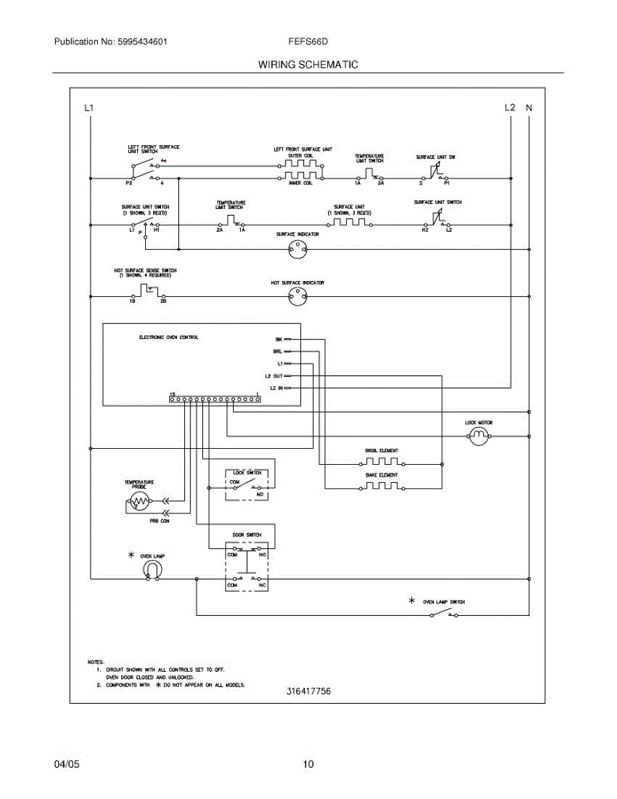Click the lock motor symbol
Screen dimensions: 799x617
click(x=479, y=437)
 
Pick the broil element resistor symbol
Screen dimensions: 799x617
click(x=381, y=463)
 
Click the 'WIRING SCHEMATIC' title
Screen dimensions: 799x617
click(x=308, y=65)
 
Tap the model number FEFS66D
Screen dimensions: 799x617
click(x=308, y=41)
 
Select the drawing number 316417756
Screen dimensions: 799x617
click(x=309, y=691)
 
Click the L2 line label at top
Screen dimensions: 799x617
click(x=511, y=107)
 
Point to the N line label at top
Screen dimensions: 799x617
click(x=529, y=107)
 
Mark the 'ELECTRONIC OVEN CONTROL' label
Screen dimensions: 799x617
click(x=168, y=338)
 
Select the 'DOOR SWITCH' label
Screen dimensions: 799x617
click(x=246, y=535)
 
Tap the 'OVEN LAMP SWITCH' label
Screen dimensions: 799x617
click(x=444, y=601)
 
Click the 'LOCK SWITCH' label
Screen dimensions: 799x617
click(x=247, y=473)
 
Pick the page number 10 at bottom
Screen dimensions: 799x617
click(x=308, y=764)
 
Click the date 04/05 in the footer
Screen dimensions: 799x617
click(x=67, y=764)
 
